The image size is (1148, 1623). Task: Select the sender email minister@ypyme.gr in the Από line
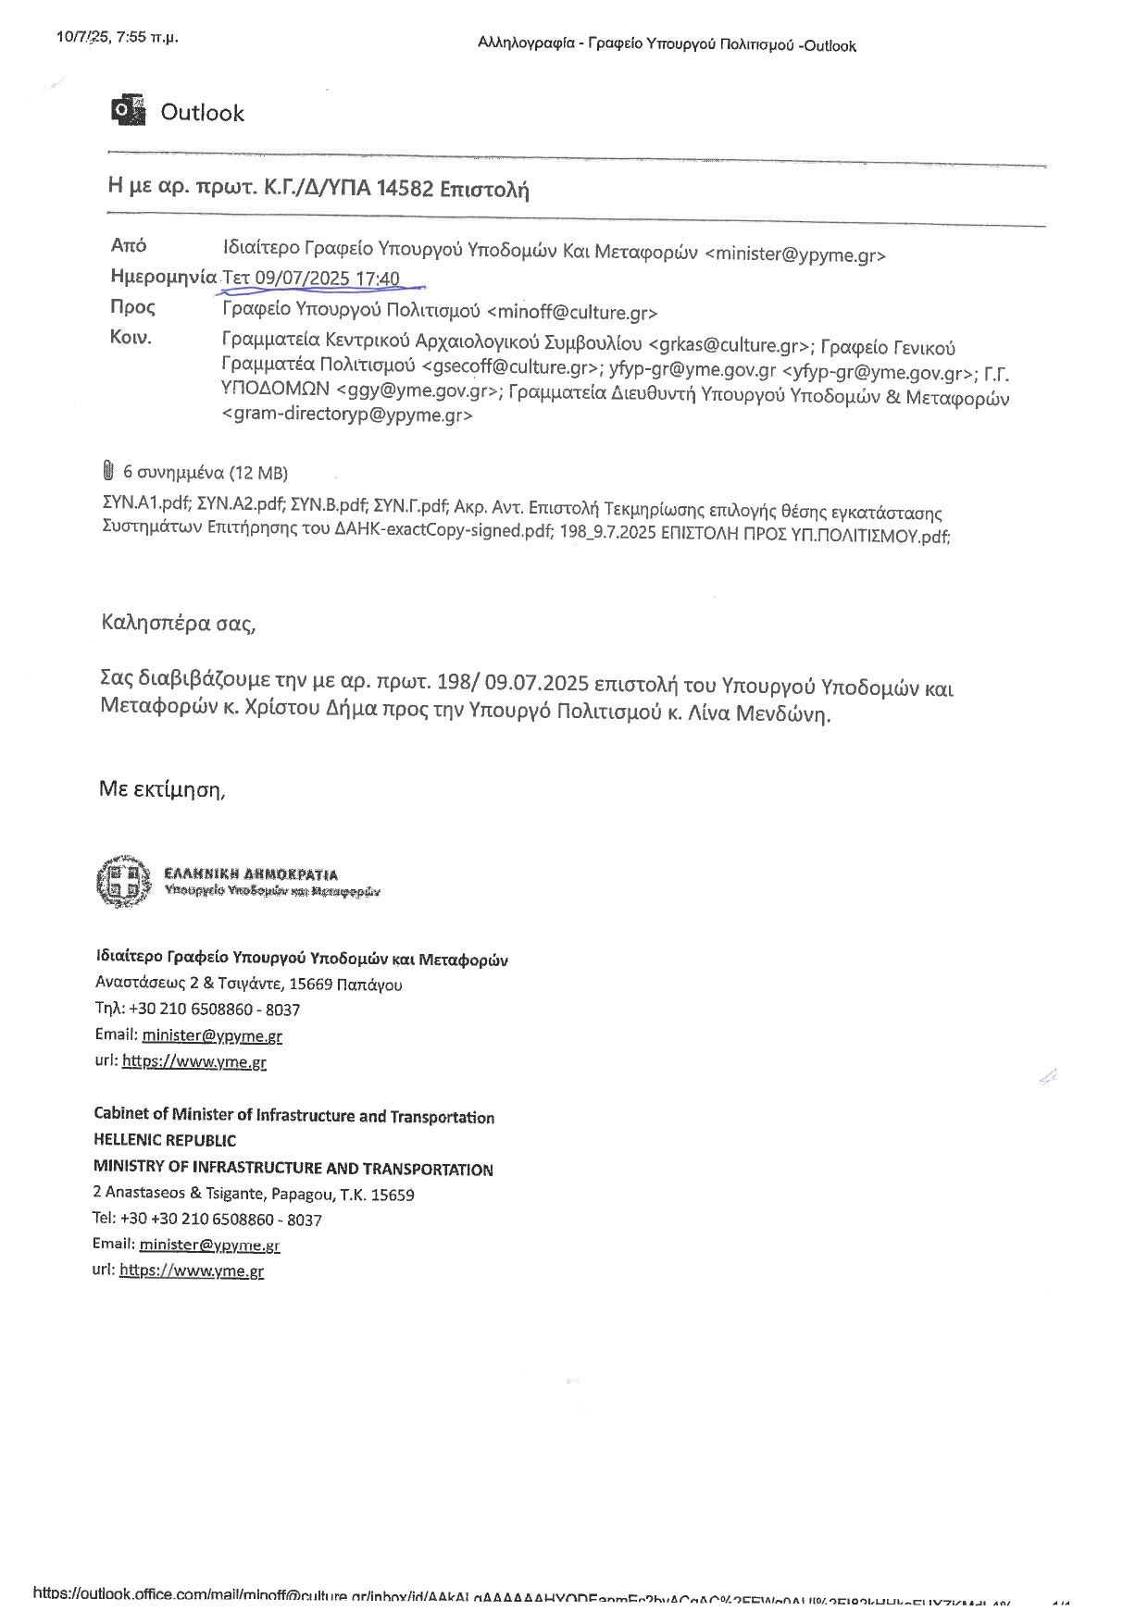coord(796,254)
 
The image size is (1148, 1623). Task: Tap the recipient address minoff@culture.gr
coord(571,312)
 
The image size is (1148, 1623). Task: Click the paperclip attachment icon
coord(107,472)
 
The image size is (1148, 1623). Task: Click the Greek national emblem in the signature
coord(122,881)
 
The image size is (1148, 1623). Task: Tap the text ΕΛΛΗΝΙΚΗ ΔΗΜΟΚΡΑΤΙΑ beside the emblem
coord(251,873)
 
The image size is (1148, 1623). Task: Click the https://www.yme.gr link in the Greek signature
coord(193,1061)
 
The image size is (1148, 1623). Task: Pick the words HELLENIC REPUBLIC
coord(165,1140)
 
